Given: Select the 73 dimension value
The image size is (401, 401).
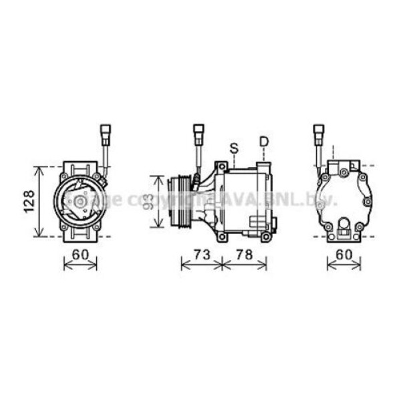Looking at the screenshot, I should click(x=202, y=255).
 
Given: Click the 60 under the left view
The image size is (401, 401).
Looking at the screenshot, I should click(x=80, y=255).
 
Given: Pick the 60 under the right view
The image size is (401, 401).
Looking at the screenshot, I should click(x=344, y=255).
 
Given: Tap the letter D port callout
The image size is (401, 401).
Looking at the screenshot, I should click(x=264, y=142).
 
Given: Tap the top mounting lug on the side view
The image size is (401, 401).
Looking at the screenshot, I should click(x=220, y=166).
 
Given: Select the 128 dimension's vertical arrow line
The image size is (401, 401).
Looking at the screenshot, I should click(x=41, y=200).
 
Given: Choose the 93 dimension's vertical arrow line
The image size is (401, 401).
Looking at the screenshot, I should click(x=158, y=201).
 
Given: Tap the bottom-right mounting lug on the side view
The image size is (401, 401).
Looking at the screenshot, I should click(x=267, y=236).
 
